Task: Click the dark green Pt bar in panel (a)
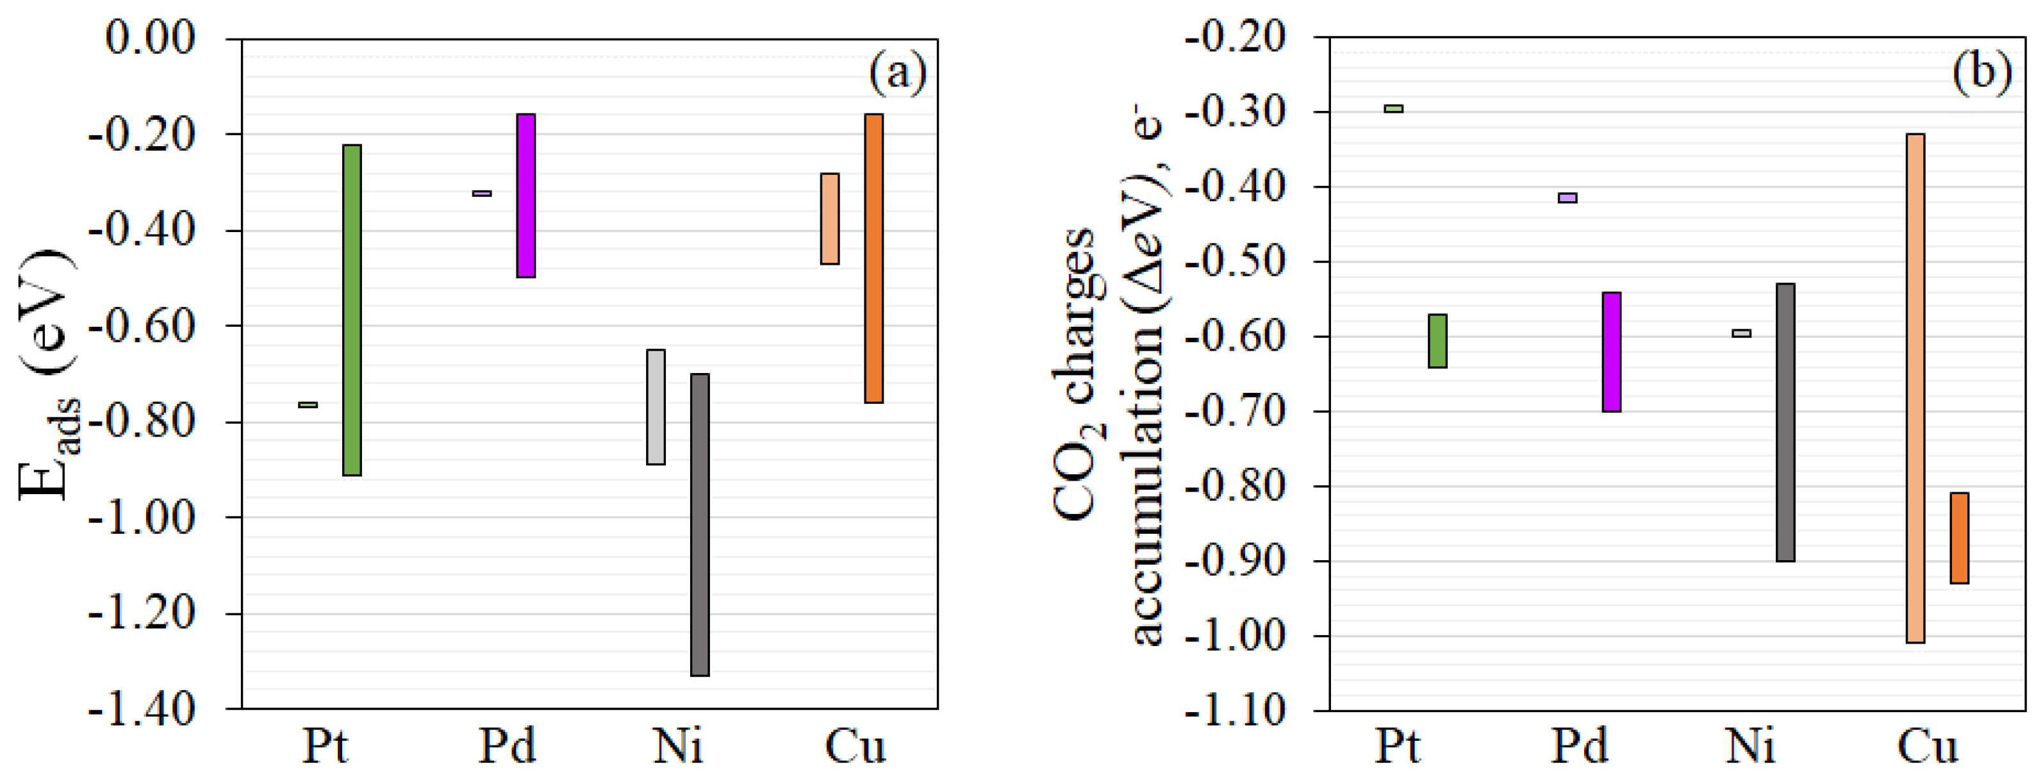tap(351, 310)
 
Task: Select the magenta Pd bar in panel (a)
tap(526, 195)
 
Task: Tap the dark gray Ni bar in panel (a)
tap(700, 524)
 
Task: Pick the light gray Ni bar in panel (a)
tap(656, 407)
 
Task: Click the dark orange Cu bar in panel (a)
tap(873, 259)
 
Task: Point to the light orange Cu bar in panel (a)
tap(830, 218)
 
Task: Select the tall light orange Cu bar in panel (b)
tap(1915, 388)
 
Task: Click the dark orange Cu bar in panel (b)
tap(1959, 538)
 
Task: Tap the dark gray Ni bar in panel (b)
tap(1785, 422)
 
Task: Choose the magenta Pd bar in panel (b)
tap(1612, 351)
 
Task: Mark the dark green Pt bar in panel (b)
tap(1437, 341)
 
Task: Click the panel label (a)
tap(897, 73)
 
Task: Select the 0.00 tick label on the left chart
tap(150, 38)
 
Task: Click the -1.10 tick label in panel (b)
tap(1234, 710)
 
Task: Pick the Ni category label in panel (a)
tap(678, 747)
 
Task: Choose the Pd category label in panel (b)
tap(1579, 747)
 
